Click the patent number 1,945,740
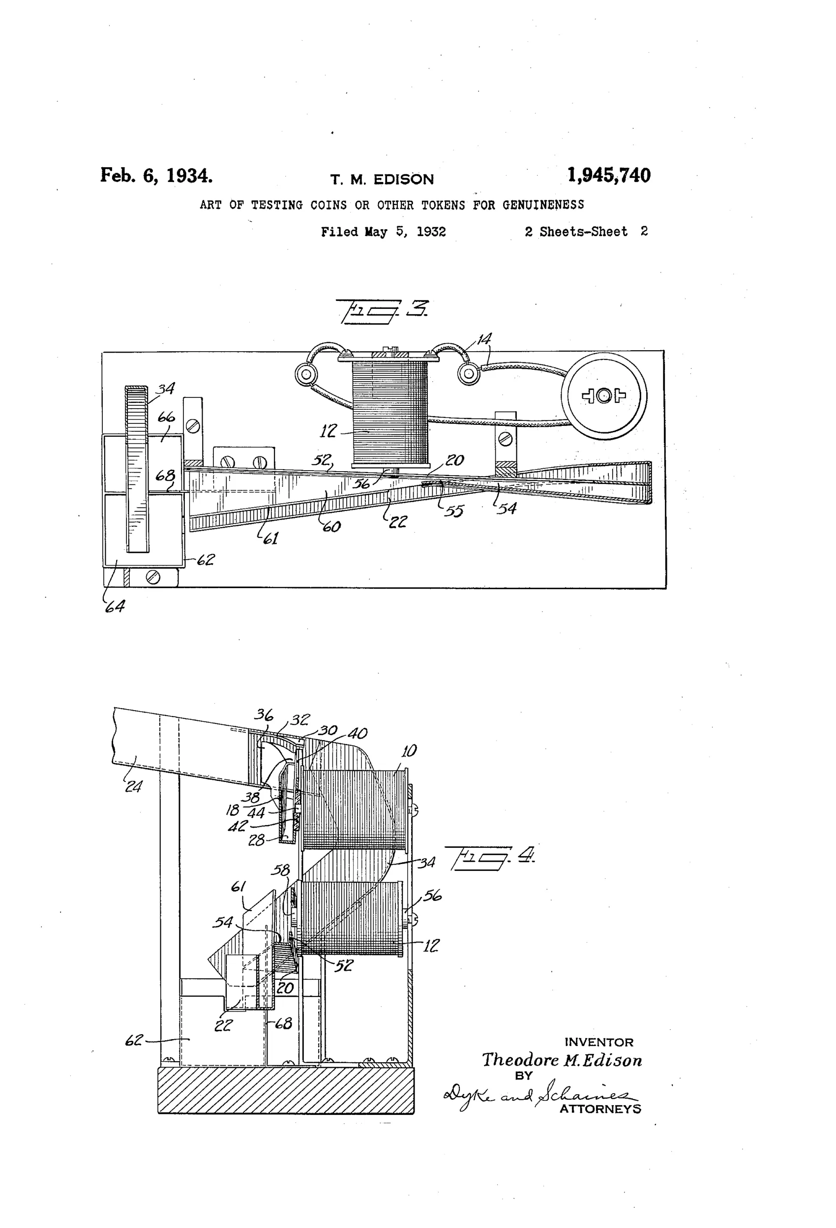[x=609, y=176]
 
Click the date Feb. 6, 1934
[x=156, y=176]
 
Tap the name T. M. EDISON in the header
[x=382, y=180]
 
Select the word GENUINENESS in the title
[x=543, y=205]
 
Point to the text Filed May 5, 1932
[x=383, y=232]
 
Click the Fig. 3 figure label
[x=383, y=311]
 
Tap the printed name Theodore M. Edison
[x=562, y=1059]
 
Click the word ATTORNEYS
[x=600, y=1109]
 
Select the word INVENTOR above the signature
[x=599, y=1042]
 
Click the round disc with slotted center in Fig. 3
[x=603, y=396]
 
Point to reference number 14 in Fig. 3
[x=484, y=339]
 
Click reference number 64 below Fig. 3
[x=115, y=606]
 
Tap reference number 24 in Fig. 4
[x=133, y=786]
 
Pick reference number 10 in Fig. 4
[x=409, y=750]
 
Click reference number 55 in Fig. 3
[x=453, y=510]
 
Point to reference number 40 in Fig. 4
[x=357, y=733]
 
